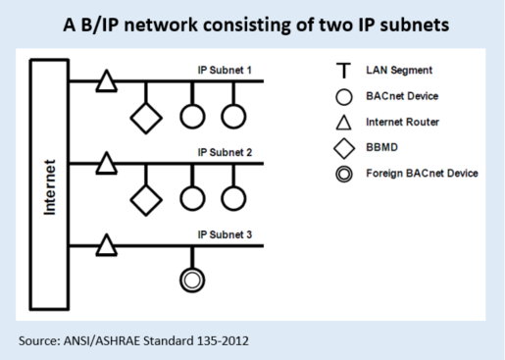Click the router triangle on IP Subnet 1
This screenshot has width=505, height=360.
(x=105, y=82)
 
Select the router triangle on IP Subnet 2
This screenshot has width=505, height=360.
(x=105, y=164)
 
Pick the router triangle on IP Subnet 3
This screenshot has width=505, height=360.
(x=105, y=245)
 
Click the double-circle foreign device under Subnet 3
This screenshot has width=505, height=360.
(x=192, y=281)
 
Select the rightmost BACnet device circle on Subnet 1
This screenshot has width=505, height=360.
(x=232, y=116)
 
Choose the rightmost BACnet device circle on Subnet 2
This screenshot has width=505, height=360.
(x=232, y=197)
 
